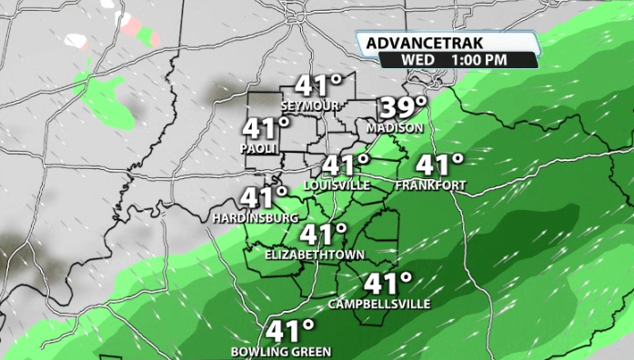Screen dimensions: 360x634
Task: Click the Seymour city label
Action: [x=317, y=106]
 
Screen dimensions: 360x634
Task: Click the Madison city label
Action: [x=395, y=128]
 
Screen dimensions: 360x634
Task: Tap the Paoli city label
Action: [x=258, y=147]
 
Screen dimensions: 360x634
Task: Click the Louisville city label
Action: [x=337, y=185]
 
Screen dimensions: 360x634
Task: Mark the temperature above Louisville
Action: [x=347, y=166]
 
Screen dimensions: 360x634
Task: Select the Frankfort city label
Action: [x=431, y=185]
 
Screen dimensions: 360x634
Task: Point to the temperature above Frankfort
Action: [x=440, y=165]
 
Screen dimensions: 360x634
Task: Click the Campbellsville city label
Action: [x=379, y=304]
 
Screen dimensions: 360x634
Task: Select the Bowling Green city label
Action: [x=281, y=351]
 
